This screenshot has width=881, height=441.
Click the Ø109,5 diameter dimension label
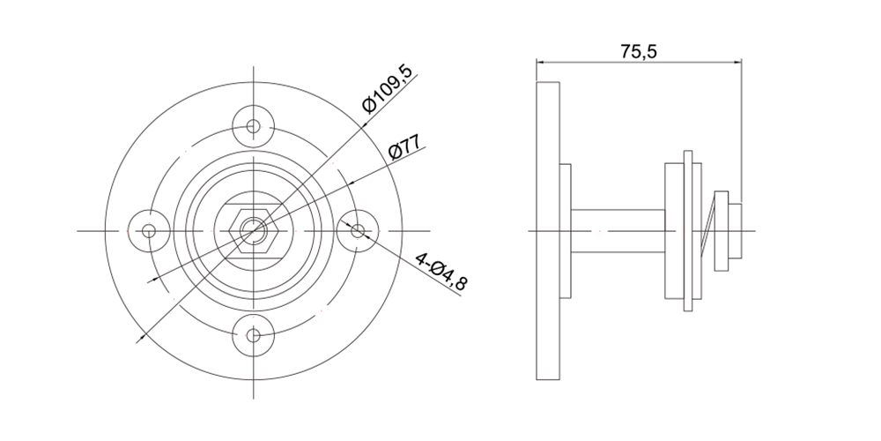[389, 89]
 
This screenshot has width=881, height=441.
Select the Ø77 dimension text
[405, 147]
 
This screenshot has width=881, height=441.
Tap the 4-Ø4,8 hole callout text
[441, 272]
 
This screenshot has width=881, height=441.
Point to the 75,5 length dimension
[638, 51]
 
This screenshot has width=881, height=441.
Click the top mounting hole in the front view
[254, 126]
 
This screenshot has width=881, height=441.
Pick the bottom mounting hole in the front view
[254, 336]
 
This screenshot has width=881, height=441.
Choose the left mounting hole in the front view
[149, 230]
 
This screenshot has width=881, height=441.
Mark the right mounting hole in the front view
[358, 230]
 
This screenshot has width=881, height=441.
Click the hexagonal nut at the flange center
[254, 230]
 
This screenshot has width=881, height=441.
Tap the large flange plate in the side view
[548, 230]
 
